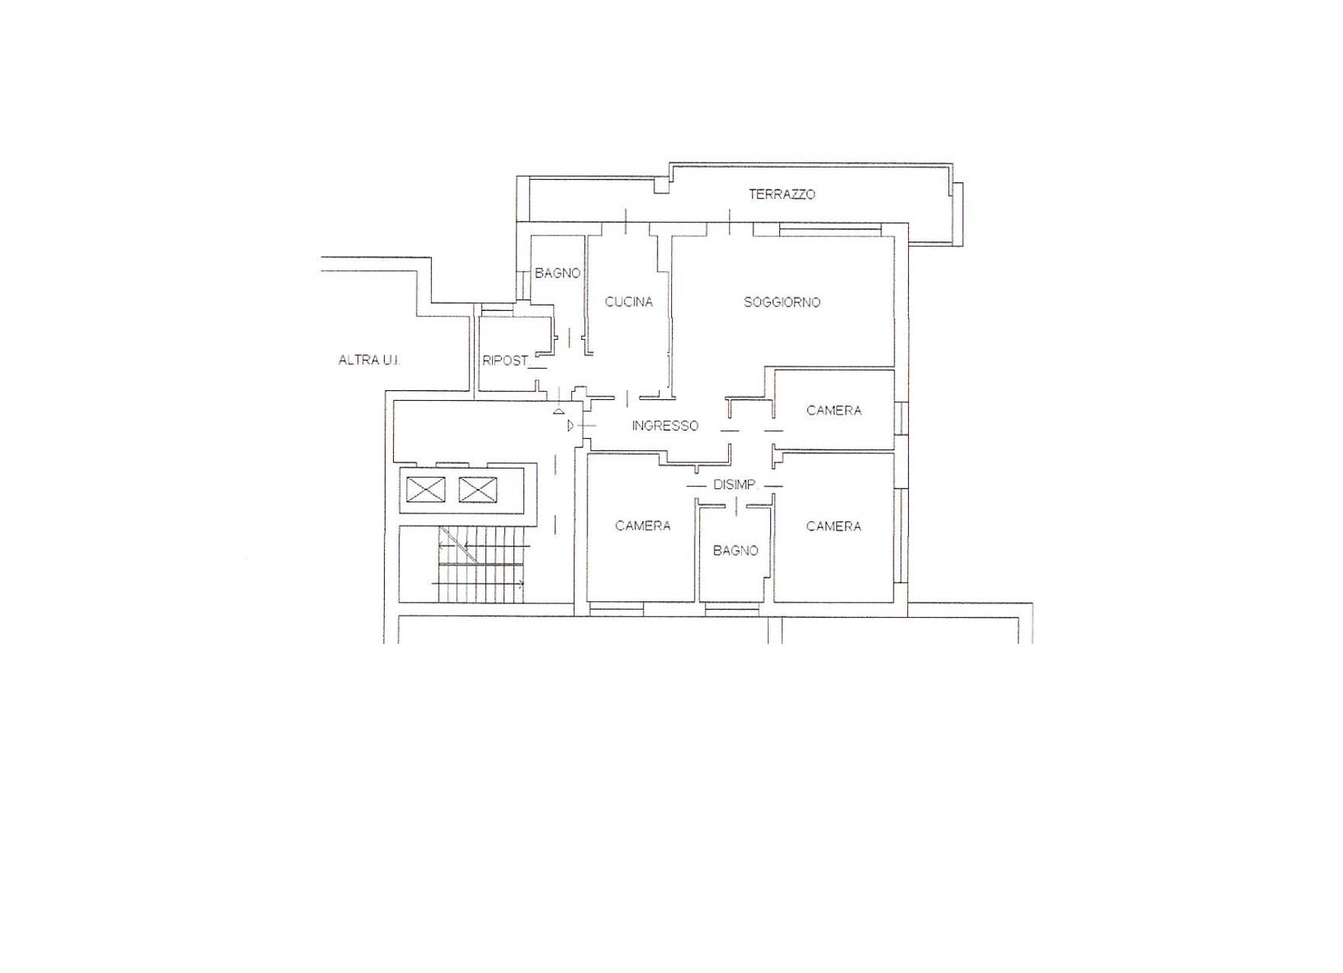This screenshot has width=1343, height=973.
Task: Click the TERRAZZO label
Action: [x=782, y=194]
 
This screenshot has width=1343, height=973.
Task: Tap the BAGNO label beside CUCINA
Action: [x=558, y=273]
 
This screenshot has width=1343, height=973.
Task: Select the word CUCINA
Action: [x=628, y=302]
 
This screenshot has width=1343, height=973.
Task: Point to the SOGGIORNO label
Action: [x=782, y=302]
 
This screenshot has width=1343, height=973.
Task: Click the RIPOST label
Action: [x=505, y=360]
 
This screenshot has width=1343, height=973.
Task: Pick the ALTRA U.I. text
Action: [x=369, y=360]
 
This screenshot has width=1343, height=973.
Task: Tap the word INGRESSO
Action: [x=665, y=426]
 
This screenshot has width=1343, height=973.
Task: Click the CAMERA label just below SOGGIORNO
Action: [x=834, y=411]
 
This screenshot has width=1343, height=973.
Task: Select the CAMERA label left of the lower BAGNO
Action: [x=643, y=526]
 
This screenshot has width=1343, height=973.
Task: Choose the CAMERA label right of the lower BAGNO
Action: [x=833, y=527]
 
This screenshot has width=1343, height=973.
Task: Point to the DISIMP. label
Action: [x=735, y=485]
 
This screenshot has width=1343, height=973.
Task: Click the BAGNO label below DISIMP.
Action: [x=736, y=550]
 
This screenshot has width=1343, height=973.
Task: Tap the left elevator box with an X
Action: [x=426, y=489]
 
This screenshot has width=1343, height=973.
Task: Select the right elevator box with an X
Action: [x=478, y=489]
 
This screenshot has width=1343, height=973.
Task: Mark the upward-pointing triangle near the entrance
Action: [x=559, y=410]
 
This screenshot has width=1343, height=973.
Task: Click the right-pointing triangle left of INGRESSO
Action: [x=571, y=426]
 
